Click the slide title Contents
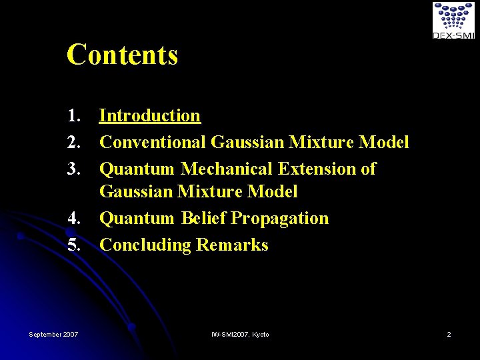pyautogui.click(x=122, y=55)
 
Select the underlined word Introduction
pyautogui.click(x=149, y=115)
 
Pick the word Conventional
pyautogui.click(x=153, y=142)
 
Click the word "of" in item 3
pyautogui.click(x=368, y=169)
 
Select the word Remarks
pyautogui.click(x=232, y=245)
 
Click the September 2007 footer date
pyautogui.click(x=53, y=334)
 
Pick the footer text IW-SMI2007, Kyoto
pyautogui.click(x=240, y=334)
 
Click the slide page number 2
pyautogui.click(x=449, y=334)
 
